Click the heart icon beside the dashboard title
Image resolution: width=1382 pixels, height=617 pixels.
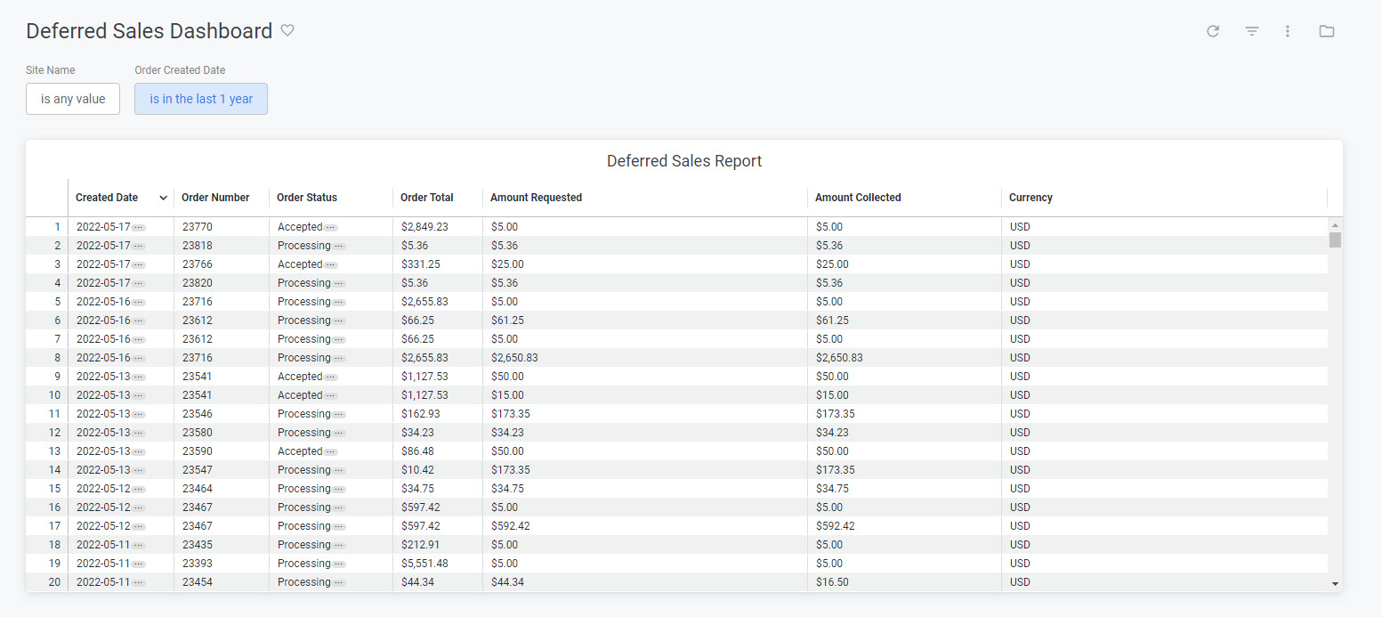(x=287, y=30)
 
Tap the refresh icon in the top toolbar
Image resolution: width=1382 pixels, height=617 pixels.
(x=1213, y=31)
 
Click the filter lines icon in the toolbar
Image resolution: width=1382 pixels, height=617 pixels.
(x=1252, y=31)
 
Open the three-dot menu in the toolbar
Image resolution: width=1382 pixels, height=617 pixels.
(x=1288, y=31)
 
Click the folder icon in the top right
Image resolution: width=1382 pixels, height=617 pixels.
(x=1327, y=31)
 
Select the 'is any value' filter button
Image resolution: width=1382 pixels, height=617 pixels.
(x=73, y=99)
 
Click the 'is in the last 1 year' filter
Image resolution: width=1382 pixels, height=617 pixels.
(x=201, y=99)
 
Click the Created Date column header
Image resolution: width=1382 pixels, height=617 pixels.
(x=107, y=198)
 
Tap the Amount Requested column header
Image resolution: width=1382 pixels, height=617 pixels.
(x=536, y=198)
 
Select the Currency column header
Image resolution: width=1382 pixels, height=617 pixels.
(x=1030, y=198)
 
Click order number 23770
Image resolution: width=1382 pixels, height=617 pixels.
(x=198, y=227)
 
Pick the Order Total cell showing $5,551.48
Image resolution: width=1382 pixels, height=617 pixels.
(x=425, y=564)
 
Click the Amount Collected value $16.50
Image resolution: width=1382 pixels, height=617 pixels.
(x=833, y=582)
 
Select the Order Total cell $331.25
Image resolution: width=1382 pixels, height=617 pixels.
(x=421, y=264)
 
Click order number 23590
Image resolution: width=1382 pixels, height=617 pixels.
(x=198, y=451)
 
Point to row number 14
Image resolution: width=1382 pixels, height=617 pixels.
(x=54, y=470)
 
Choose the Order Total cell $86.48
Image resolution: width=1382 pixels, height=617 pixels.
(x=418, y=451)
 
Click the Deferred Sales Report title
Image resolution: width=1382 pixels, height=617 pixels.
(x=684, y=161)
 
